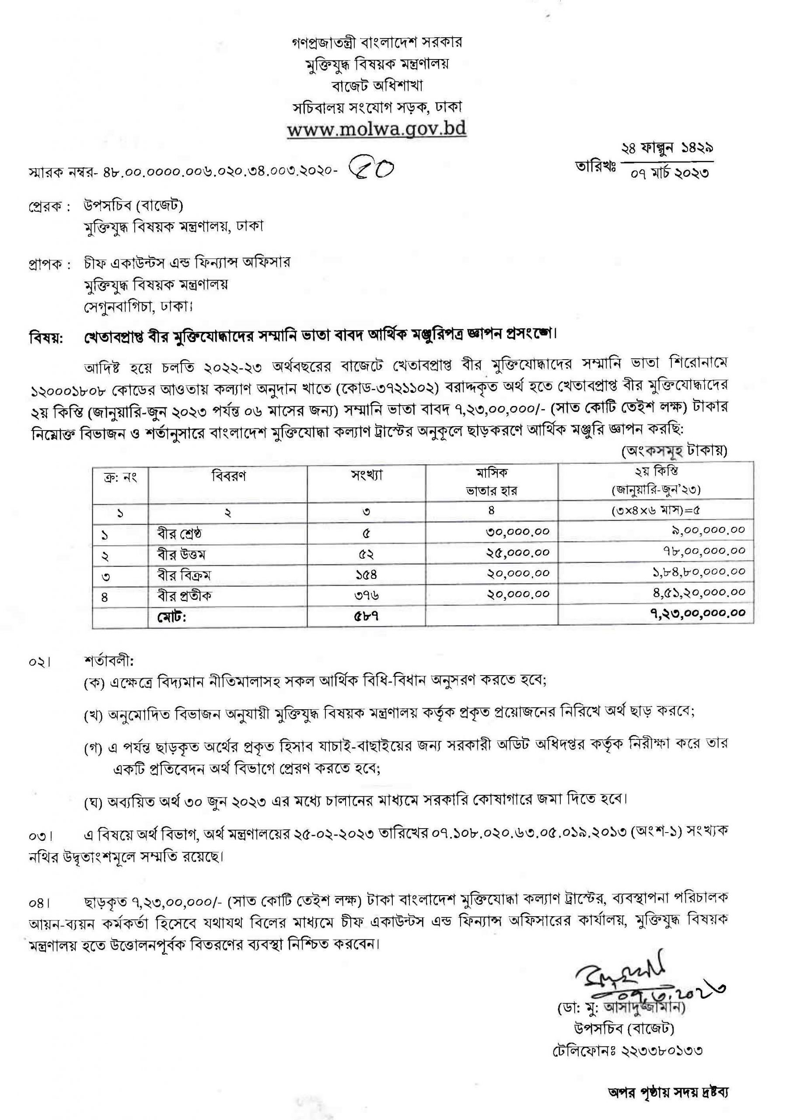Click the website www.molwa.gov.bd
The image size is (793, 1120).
(377, 130)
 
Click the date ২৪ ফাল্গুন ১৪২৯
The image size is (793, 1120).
(667, 148)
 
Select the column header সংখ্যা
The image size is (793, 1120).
(366, 476)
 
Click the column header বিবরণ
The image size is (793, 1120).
(228, 476)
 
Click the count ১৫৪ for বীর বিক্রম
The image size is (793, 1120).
(366, 574)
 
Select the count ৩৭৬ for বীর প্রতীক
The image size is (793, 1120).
(366, 595)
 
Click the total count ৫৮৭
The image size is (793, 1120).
(366, 616)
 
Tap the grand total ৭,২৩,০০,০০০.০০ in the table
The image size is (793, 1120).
(697, 613)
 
